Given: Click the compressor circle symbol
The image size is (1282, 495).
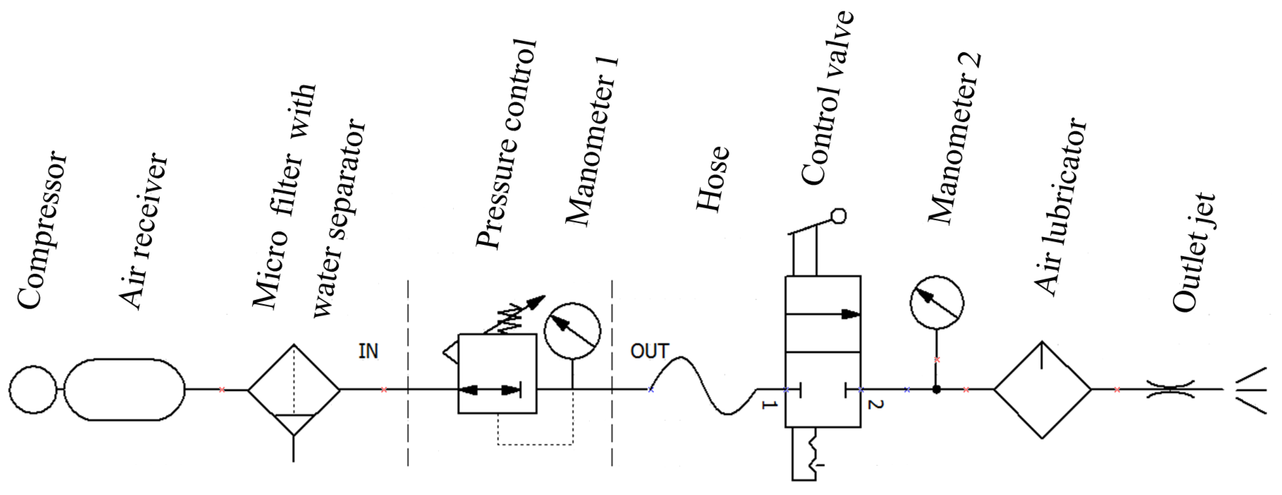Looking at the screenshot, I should [x=33, y=389].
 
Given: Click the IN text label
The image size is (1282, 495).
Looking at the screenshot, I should [x=368, y=352].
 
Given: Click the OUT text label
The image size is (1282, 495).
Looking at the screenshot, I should [x=650, y=352].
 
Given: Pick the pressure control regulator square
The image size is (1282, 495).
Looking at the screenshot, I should [x=497, y=374].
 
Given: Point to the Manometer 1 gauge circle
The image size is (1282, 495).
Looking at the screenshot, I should [x=572, y=331].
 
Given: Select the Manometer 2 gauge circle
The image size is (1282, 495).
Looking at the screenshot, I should [x=937, y=302].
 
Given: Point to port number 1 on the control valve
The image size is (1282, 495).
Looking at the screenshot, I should [x=769, y=405].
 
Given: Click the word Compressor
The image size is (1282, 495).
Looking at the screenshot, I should [x=42, y=229].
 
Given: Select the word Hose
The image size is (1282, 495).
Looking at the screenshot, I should [x=712, y=179].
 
